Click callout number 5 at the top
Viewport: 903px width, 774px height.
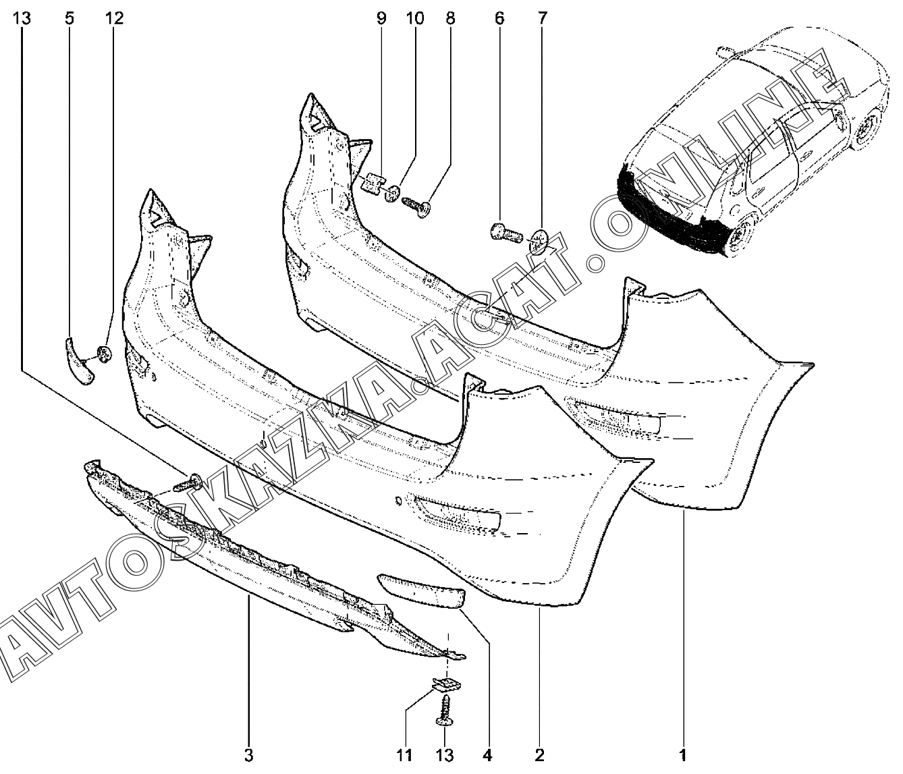tap(70, 18)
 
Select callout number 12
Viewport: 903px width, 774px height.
tap(114, 18)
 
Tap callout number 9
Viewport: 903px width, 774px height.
tap(381, 18)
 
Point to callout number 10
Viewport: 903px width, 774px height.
tap(415, 18)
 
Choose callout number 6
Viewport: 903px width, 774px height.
tap(499, 18)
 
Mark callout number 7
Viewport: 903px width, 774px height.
tap(543, 18)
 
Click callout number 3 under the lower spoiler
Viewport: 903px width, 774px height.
tap(248, 755)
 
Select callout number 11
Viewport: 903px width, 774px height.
tap(406, 755)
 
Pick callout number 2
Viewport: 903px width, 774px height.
tap(539, 755)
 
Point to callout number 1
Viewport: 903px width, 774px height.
tap(683, 755)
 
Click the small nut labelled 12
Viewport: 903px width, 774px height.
tap(105, 354)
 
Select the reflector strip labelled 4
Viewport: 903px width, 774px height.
tap(420, 588)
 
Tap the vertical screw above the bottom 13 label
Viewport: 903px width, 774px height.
tap(445, 709)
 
